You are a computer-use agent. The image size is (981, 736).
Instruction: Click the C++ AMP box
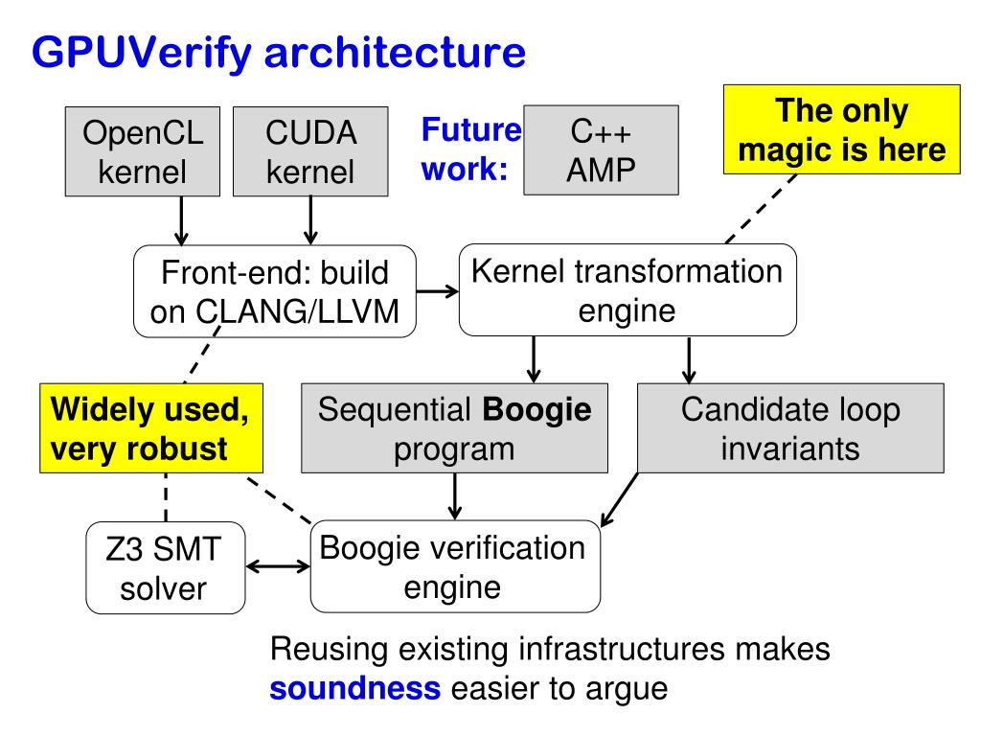(600, 150)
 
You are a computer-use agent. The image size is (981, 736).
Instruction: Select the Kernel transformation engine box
(627, 290)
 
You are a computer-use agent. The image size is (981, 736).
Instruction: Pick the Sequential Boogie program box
(456, 428)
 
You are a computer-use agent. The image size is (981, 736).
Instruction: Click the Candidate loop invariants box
(790, 428)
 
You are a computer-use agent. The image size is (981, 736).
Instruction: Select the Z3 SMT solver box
(165, 568)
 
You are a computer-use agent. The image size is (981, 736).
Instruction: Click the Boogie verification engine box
(456, 566)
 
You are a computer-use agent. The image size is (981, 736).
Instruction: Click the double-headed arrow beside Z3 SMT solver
(278, 566)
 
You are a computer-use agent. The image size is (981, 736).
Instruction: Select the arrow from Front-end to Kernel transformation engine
(437, 291)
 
